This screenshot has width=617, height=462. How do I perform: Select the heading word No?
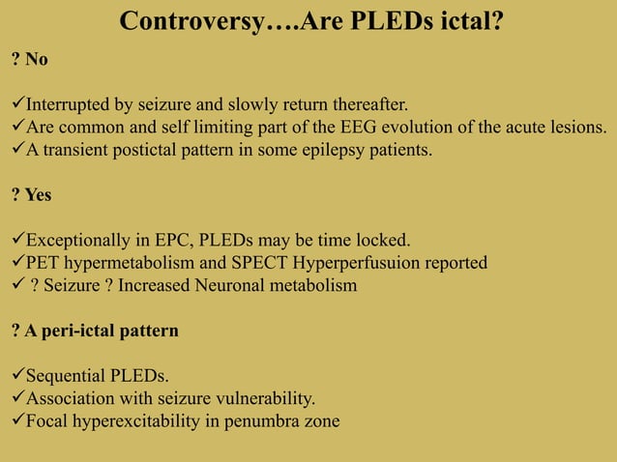point(37,60)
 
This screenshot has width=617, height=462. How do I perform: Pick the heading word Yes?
point(39,194)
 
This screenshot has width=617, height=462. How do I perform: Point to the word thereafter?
point(359,104)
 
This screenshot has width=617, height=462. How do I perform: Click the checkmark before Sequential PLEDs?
point(16,375)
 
